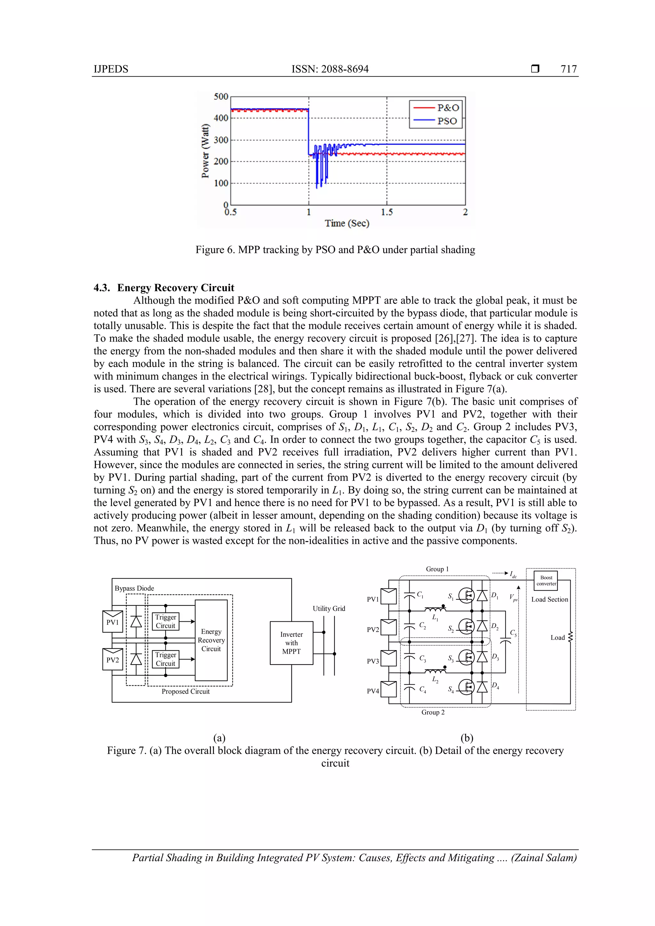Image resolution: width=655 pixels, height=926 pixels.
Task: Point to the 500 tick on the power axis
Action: click(x=221, y=97)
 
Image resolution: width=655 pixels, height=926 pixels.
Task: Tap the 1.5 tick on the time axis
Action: click(x=387, y=212)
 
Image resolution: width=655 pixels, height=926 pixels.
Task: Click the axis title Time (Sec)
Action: click(x=347, y=223)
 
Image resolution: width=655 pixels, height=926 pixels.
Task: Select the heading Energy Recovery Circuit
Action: click(x=175, y=288)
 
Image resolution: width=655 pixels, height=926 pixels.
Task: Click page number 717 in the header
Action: click(x=568, y=69)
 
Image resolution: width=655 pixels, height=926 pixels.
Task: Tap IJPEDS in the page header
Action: click(x=111, y=69)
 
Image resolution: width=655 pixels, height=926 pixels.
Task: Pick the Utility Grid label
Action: click(x=329, y=609)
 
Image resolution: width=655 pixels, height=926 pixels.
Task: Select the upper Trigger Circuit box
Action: click(x=165, y=621)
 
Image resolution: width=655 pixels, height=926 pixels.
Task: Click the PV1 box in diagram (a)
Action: click(x=113, y=622)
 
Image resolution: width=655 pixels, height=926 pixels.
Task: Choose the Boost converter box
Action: click(x=546, y=581)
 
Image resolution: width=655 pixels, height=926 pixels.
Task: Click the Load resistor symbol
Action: click(x=570, y=638)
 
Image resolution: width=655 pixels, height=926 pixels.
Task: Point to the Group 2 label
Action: click(x=433, y=712)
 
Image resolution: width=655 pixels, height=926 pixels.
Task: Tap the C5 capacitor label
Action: click(x=513, y=633)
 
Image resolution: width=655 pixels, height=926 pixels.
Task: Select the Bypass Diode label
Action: click(x=134, y=588)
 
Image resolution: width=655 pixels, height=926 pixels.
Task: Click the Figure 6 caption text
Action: click(x=335, y=250)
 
